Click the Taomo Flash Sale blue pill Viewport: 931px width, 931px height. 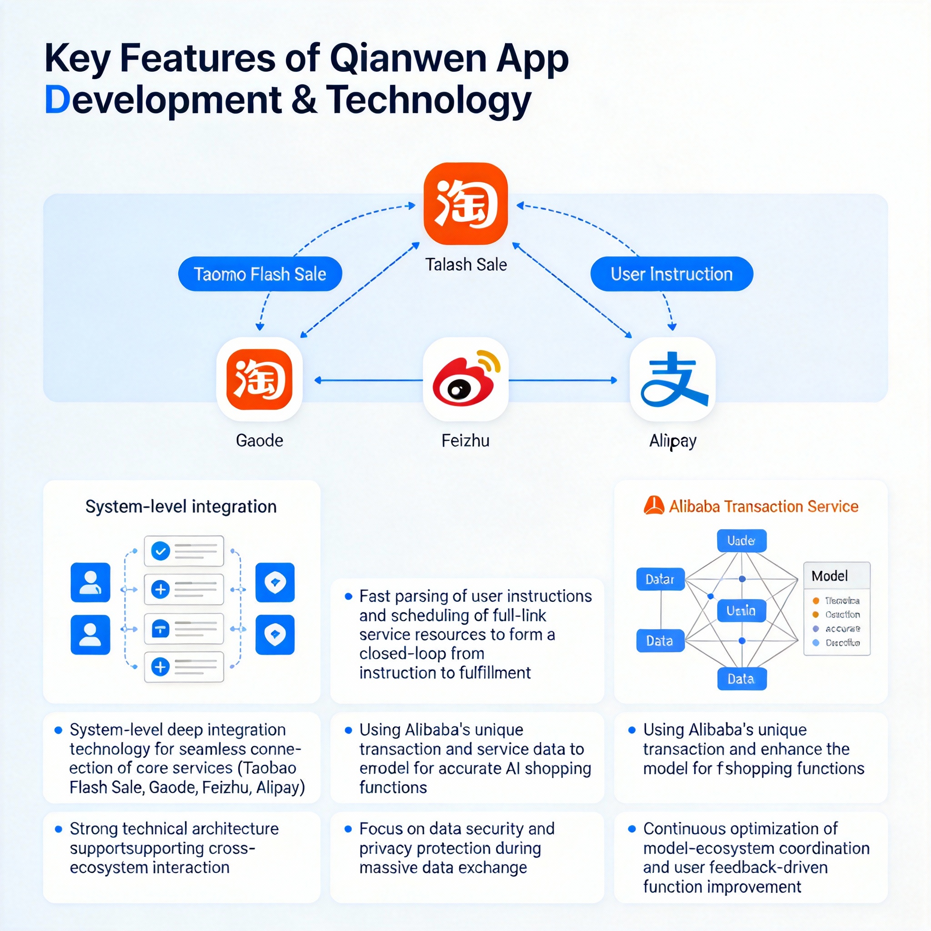(x=260, y=274)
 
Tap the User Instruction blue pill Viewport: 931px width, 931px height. (x=671, y=274)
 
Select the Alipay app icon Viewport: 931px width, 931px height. (x=672, y=379)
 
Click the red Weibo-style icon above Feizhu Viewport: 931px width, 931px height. (x=465, y=379)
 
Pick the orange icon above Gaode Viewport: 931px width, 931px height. (x=259, y=379)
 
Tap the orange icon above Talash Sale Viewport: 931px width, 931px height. (x=465, y=203)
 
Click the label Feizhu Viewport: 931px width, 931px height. (x=465, y=440)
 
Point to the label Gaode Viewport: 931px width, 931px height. (x=259, y=440)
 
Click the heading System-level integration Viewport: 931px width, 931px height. (x=181, y=506)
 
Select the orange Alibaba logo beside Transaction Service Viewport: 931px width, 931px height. (x=653, y=506)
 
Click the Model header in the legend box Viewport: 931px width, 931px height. (x=829, y=576)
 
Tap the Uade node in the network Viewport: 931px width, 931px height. (x=741, y=541)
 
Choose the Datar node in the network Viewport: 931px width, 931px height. (x=660, y=579)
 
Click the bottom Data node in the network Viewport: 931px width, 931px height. (x=741, y=679)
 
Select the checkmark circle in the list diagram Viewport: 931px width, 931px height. (x=160, y=551)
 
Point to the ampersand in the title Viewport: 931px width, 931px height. (x=304, y=99)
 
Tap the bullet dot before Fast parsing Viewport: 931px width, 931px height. (x=348, y=596)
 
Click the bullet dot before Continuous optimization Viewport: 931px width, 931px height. (x=632, y=829)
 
